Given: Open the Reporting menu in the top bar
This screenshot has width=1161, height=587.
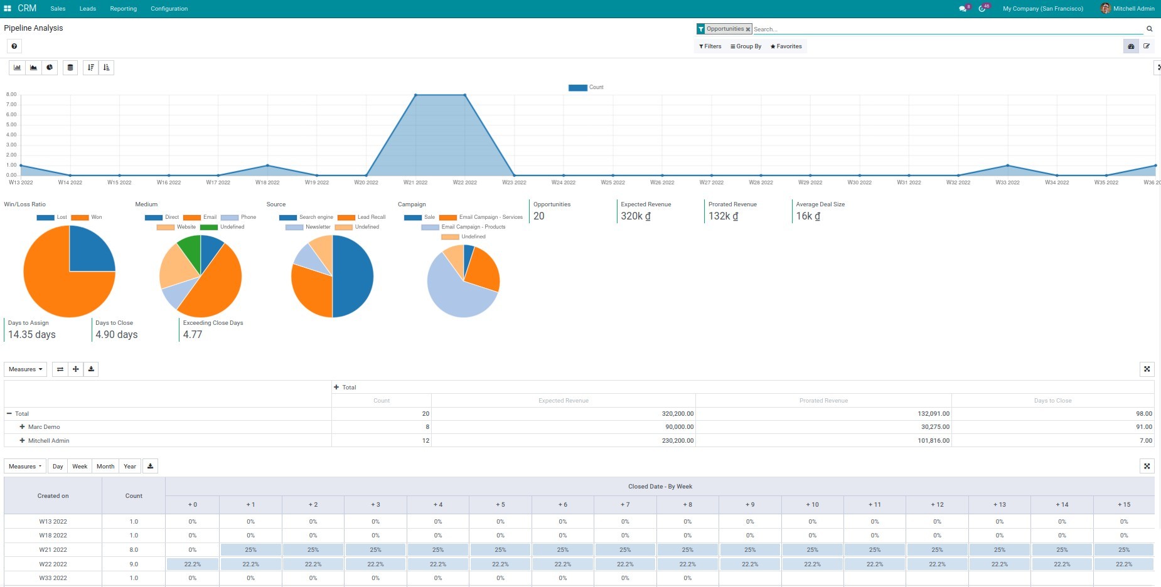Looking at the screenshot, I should tap(123, 9).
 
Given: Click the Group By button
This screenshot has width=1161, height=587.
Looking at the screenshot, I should tap(746, 46).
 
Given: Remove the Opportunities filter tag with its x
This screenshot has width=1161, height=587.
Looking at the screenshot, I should tap(748, 29).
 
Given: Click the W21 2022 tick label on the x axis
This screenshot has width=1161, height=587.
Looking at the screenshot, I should tap(415, 182).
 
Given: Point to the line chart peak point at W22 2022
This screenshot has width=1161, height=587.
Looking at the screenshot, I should tap(465, 95).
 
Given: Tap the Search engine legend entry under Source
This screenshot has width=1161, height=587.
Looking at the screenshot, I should tap(316, 217).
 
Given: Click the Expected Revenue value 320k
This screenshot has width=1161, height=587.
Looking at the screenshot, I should tap(635, 216).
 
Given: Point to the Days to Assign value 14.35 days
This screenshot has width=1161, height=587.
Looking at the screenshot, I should tap(31, 335).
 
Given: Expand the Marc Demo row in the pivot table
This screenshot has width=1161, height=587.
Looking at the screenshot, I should tap(23, 427).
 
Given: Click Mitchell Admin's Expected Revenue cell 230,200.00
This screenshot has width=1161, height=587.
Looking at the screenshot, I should tap(677, 441).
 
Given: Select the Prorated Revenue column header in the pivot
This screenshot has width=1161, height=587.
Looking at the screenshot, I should tap(823, 401).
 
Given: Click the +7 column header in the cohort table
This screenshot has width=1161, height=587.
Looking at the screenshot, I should tap(625, 505).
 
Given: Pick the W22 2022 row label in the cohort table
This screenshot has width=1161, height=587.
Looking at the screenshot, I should tap(53, 564).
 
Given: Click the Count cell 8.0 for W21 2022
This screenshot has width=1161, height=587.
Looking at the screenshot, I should tap(134, 550).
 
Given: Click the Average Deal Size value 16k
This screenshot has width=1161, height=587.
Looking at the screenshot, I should tap(808, 216).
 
